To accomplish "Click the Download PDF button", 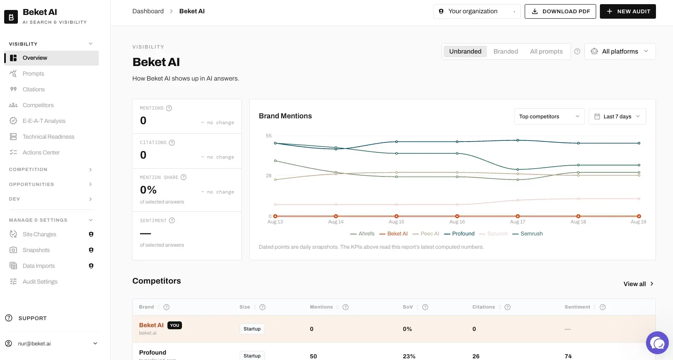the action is coord(560,11).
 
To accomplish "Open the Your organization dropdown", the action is coord(477,11).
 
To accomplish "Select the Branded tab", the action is coord(506,51).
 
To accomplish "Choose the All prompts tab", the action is coord(546,51).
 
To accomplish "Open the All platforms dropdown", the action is coord(620,51).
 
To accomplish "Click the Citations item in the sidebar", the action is coord(33,89).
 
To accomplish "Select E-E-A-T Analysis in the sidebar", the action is coord(44,121).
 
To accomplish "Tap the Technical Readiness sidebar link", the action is coord(48,137).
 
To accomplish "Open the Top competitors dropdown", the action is coord(549,117).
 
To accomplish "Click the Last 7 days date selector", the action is coord(617,117).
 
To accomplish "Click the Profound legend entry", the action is coord(459,234).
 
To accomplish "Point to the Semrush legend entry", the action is coord(528,234).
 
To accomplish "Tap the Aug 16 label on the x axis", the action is coord(457,222).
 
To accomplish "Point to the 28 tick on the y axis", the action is coord(269,176).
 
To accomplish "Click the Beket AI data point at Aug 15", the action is coord(397,216).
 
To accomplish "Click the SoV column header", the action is coord(408,307).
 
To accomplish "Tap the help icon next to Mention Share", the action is coord(184,177).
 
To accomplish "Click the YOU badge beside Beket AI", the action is coord(174,325).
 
